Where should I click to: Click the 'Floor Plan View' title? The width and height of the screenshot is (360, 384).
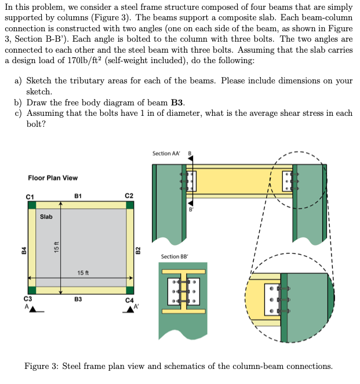pyautogui.click(x=53, y=178)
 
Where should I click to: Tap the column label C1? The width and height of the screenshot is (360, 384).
pyautogui.click(x=30, y=196)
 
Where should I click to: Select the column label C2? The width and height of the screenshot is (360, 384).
pyautogui.click(x=129, y=196)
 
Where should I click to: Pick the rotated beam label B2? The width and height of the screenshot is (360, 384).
pyautogui.click(x=137, y=250)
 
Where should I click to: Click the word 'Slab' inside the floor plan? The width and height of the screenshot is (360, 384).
pyautogui.click(x=46, y=217)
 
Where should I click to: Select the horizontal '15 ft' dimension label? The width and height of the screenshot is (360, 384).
pyautogui.click(x=83, y=272)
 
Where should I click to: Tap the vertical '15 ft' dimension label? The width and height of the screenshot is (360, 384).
pyautogui.click(x=56, y=246)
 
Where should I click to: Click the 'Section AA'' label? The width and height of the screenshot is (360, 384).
pyautogui.click(x=166, y=153)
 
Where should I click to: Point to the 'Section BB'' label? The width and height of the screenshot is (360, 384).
pyautogui.click(x=174, y=257)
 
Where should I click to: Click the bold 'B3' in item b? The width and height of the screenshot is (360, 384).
pyautogui.click(x=177, y=103)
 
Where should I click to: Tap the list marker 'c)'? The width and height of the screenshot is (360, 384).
pyautogui.click(x=19, y=114)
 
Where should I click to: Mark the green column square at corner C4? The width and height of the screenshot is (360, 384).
pyautogui.click(x=130, y=290)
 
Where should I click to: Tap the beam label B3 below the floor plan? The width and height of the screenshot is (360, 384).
pyautogui.click(x=78, y=299)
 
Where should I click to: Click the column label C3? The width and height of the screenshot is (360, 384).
pyautogui.click(x=27, y=299)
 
